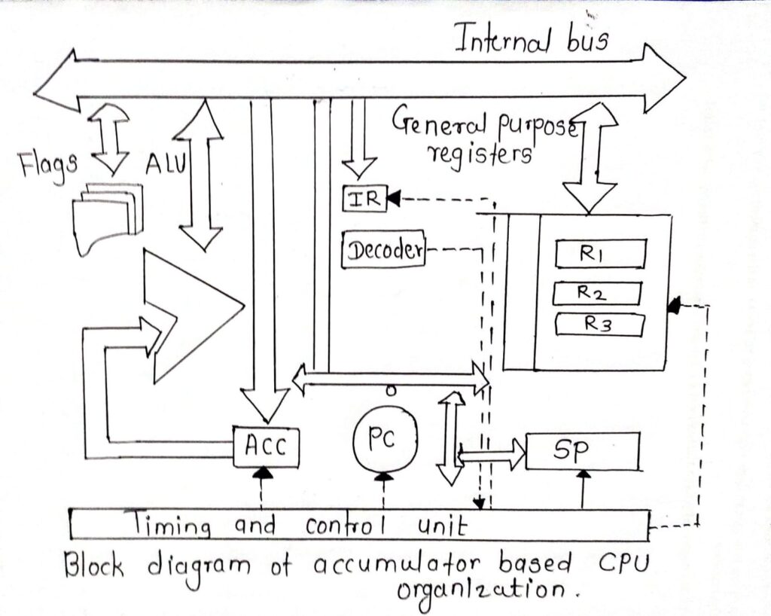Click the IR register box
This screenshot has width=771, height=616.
click(x=363, y=198)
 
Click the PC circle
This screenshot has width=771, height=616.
click(x=384, y=441)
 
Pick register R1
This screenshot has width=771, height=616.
click(x=600, y=254)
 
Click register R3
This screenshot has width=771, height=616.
click(x=599, y=325)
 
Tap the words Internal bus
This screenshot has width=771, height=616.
click(x=532, y=40)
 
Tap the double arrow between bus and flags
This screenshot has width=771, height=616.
click(x=110, y=139)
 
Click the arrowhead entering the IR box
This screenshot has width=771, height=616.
click(x=392, y=199)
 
